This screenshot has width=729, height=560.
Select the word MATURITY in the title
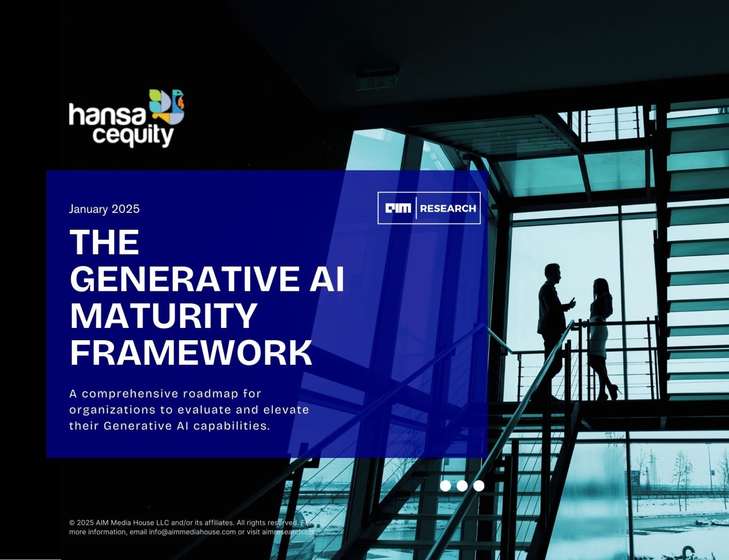pos(163,316)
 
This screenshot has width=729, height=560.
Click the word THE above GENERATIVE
pos(104,243)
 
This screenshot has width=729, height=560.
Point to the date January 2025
pos(104,209)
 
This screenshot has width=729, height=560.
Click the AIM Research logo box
pos(429,208)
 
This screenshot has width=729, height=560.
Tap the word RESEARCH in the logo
pos(448,208)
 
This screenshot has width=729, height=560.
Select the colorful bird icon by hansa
pos(167,107)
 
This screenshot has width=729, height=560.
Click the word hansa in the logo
pos(108,115)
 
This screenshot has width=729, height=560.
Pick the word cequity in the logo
pos(133,136)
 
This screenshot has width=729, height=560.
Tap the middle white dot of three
pos(462,485)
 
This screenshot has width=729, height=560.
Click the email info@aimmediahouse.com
pos(192,532)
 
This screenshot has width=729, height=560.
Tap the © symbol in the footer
pos(72,523)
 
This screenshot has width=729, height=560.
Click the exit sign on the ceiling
pos(377,80)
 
